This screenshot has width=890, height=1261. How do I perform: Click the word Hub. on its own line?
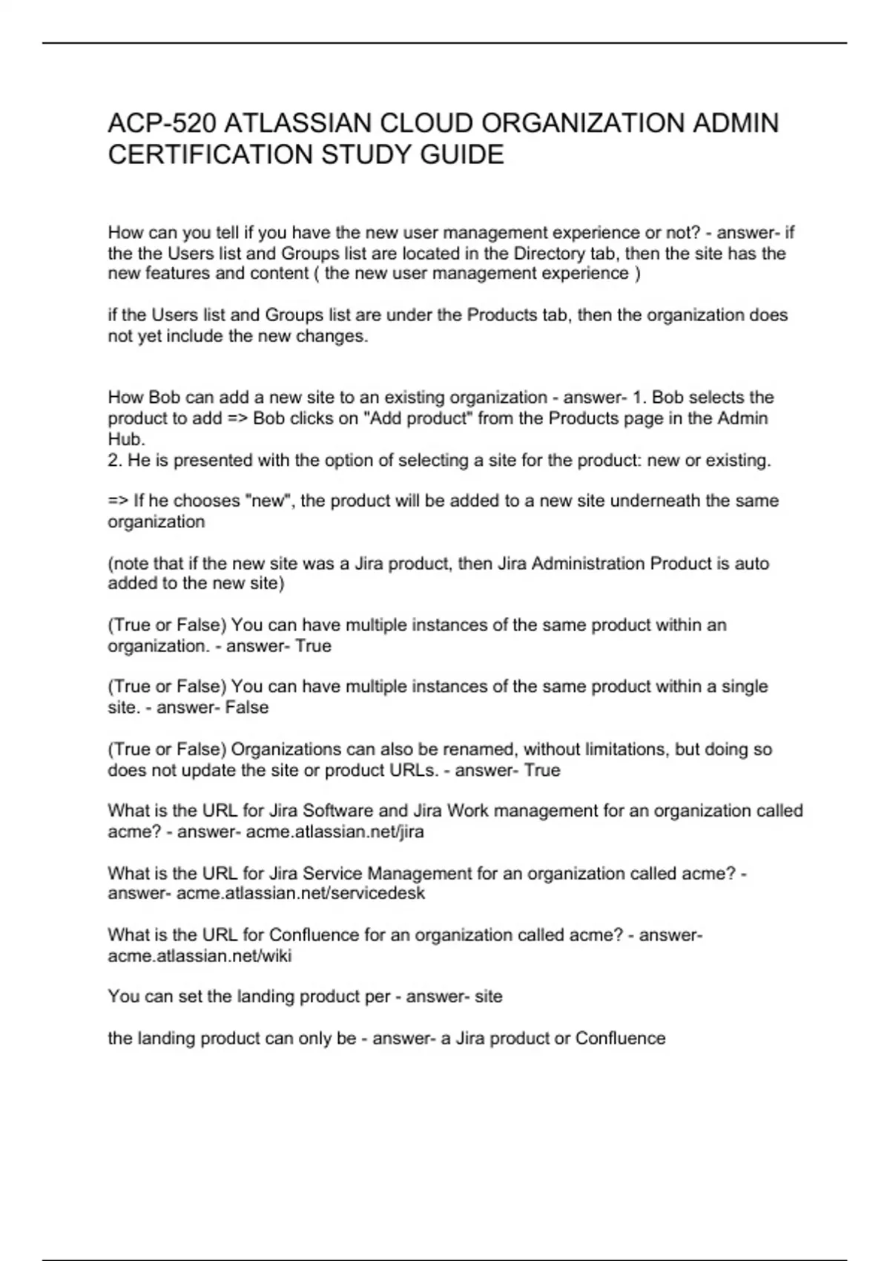coord(126,439)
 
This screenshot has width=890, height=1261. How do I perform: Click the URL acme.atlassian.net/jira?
coord(335,832)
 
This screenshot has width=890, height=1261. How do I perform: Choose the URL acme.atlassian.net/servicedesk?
coord(300,893)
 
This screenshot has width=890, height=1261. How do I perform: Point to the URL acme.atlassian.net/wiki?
coord(200,956)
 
